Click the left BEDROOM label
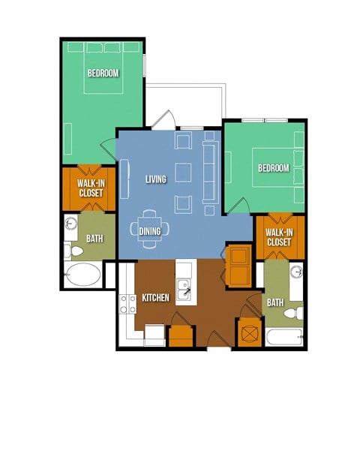click(103, 73)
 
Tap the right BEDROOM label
click(273, 168)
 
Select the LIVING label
click(155, 179)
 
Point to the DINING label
click(150, 231)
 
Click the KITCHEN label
click(155, 298)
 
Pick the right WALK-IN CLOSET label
click(278, 237)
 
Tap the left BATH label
click(94, 239)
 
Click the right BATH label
click(275, 302)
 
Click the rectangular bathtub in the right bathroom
click(284, 338)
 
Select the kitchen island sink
click(183, 286)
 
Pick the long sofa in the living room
click(209, 171)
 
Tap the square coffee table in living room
click(183, 171)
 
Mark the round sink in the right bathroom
click(296, 272)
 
